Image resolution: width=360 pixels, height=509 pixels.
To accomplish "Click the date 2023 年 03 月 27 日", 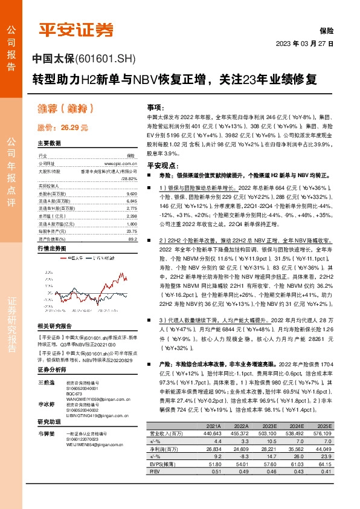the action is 304,44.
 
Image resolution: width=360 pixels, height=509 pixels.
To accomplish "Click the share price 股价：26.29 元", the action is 63,128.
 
